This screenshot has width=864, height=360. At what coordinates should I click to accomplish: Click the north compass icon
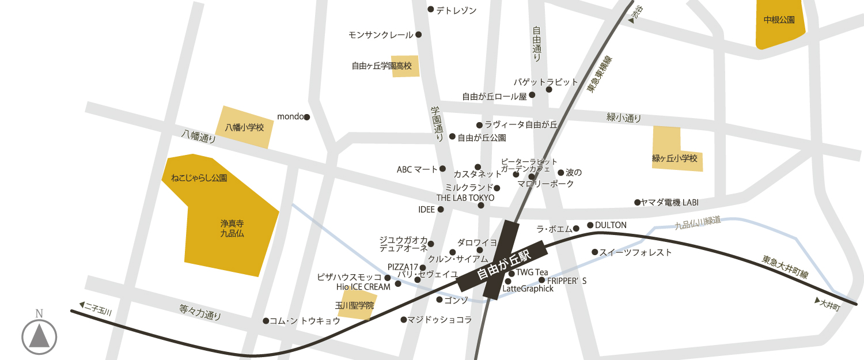point(39,336)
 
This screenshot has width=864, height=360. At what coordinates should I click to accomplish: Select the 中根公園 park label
point(779,20)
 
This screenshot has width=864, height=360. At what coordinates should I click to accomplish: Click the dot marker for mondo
point(306,117)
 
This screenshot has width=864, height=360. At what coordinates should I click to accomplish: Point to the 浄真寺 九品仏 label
point(232,228)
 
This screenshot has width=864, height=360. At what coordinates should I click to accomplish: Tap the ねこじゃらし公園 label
point(199,178)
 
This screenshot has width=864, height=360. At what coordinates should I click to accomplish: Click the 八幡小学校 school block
point(244,127)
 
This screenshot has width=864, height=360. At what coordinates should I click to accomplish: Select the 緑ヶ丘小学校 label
point(678,158)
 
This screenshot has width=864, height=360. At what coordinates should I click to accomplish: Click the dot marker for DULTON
point(590,225)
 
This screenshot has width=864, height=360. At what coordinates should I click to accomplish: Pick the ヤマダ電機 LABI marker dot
point(637,202)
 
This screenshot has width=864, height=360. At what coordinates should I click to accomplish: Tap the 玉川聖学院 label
point(355,305)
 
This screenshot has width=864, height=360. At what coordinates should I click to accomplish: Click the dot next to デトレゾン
point(430,9)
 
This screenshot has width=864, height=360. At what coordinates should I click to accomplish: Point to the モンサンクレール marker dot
point(418,35)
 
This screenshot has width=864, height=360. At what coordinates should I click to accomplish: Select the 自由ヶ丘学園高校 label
point(382,66)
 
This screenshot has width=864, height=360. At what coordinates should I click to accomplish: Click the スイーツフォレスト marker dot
point(594,252)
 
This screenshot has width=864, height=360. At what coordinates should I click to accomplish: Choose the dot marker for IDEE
point(441,210)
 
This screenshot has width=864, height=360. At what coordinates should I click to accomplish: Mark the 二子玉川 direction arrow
point(82,305)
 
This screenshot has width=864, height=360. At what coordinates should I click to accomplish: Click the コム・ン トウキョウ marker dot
point(266,321)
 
